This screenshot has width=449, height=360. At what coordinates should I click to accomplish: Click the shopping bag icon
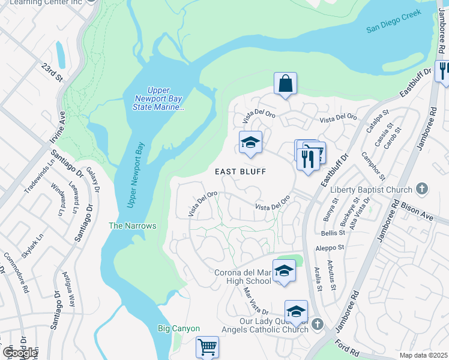[x=286, y=84]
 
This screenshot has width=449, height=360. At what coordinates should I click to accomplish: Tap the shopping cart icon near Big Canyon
[x=207, y=347]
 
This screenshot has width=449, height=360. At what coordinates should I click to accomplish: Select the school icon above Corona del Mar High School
[x=284, y=271]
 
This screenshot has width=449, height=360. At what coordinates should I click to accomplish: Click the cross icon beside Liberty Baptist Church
[x=422, y=189]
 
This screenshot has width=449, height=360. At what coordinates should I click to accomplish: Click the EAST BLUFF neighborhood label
[x=240, y=172]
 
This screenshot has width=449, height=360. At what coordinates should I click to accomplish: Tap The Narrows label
[x=132, y=226]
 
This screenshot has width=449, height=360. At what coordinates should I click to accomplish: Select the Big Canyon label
[x=178, y=328]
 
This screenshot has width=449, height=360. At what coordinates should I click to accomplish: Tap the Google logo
[x=20, y=353]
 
